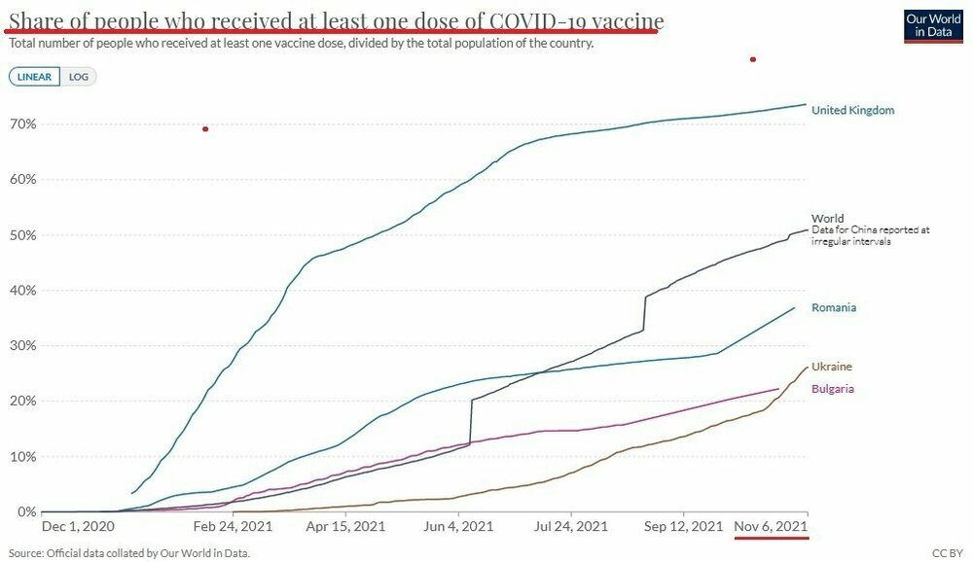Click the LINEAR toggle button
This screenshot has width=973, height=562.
click(34, 76)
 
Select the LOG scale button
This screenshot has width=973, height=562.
click(78, 76)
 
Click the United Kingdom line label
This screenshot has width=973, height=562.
click(852, 111)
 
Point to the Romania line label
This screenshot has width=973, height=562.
click(834, 308)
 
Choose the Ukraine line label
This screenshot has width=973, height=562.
click(832, 367)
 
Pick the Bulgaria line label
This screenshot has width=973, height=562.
click(834, 389)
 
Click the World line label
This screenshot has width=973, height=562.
click(827, 219)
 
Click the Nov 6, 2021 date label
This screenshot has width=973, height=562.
click(771, 526)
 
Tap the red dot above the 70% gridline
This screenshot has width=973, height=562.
click(205, 129)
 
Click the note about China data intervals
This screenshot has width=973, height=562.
click(871, 235)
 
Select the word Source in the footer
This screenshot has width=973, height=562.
click(25, 553)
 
